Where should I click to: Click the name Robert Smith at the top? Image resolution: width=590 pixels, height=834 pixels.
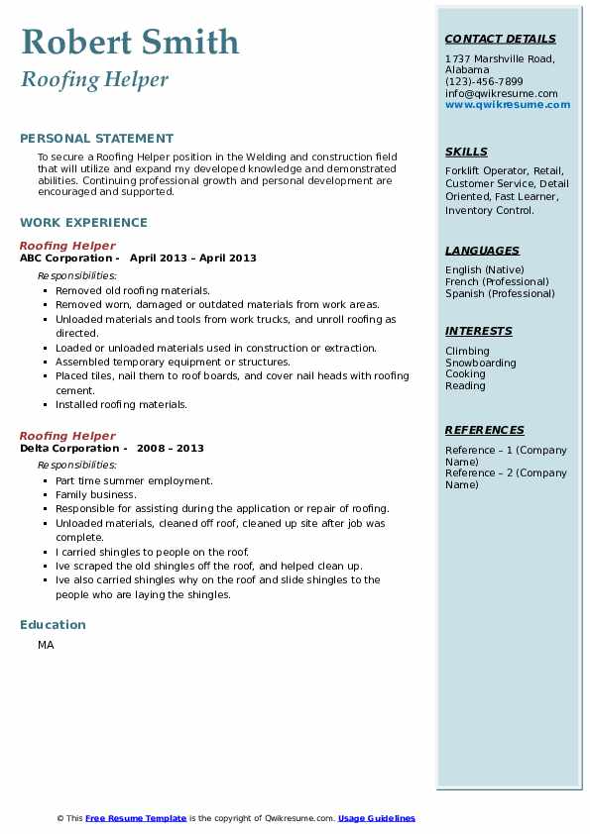[x=130, y=43]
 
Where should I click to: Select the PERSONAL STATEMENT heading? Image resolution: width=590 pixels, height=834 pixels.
[x=96, y=139]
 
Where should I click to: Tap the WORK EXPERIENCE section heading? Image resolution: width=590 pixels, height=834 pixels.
[x=83, y=223]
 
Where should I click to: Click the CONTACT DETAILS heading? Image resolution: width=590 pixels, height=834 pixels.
[x=500, y=40]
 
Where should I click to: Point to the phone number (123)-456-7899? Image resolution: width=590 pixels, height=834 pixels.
[x=484, y=82]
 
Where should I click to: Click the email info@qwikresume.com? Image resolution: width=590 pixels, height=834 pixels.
[x=501, y=93]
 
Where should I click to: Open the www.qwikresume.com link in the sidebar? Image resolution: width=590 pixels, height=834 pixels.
[x=508, y=105]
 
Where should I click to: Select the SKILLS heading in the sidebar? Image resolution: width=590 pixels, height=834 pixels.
[x=466, y=153]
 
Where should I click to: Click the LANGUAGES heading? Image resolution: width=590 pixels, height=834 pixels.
[x=482, y=252]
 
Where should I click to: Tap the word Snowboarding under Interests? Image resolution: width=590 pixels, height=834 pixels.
[x=481, y=364]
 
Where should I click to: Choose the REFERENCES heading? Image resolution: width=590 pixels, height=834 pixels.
[x=485, y=431]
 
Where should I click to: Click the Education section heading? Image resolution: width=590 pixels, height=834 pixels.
[x=53, y=625]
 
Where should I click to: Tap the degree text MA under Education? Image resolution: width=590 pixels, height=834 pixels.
[x=46, y=646]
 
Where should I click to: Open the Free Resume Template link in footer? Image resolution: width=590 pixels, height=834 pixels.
[x=136, y=818]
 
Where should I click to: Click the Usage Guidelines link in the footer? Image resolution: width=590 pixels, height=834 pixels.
[x=377, y=818]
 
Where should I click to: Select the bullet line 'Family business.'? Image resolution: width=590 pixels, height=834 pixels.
[x=96, y=494]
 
